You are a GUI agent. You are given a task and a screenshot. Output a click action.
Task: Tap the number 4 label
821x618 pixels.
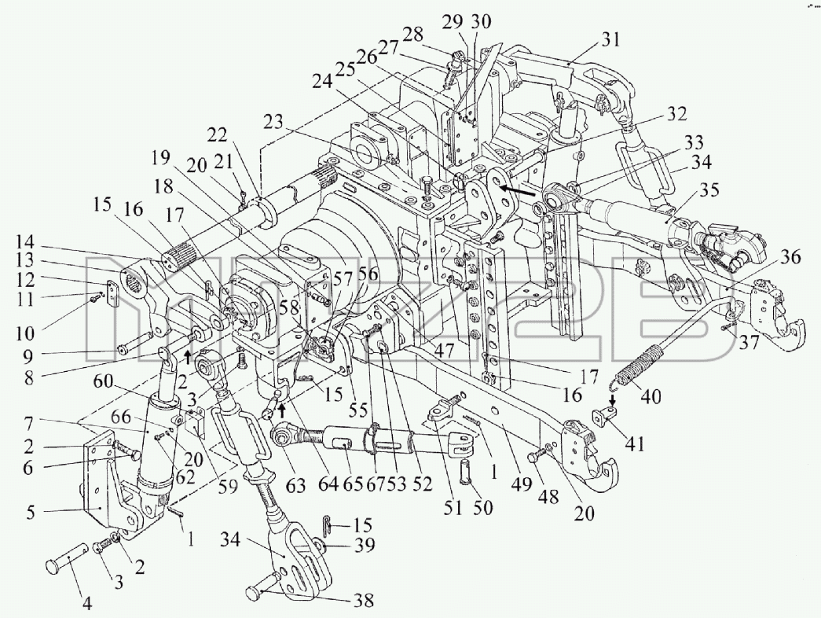tap(88, 604)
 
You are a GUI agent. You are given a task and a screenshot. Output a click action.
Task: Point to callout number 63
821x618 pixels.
tap(295, 485)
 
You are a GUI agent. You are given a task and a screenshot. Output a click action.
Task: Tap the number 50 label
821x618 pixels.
tap(482, 507)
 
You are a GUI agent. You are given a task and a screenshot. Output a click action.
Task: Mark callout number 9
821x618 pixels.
tap(27, 357)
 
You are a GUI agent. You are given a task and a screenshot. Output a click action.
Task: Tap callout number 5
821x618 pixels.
tap(31, 512)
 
